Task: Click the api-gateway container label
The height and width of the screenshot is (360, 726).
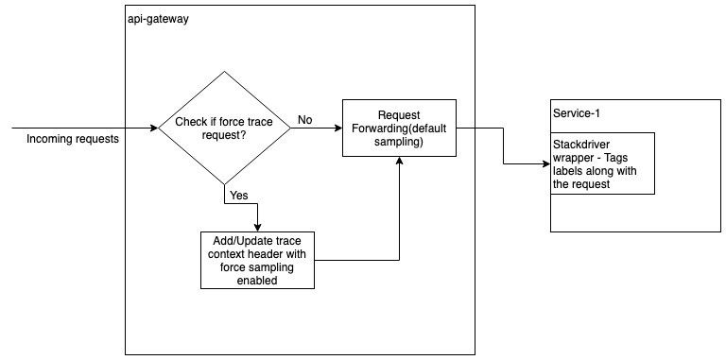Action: [158, 20]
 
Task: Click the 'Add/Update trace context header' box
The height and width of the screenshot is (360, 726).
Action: [258, 260]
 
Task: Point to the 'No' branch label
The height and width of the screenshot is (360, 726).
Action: [305, 121]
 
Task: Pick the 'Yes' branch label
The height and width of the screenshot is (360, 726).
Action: [238, 197]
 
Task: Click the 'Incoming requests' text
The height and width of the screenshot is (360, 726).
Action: [73, 140]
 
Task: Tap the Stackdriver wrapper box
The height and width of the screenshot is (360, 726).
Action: [602, 163]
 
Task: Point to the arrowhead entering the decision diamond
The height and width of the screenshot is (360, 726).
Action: [154, 128]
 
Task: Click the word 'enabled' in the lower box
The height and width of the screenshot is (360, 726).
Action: [258, 281]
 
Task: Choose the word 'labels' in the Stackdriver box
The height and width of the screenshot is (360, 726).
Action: [568, 173]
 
